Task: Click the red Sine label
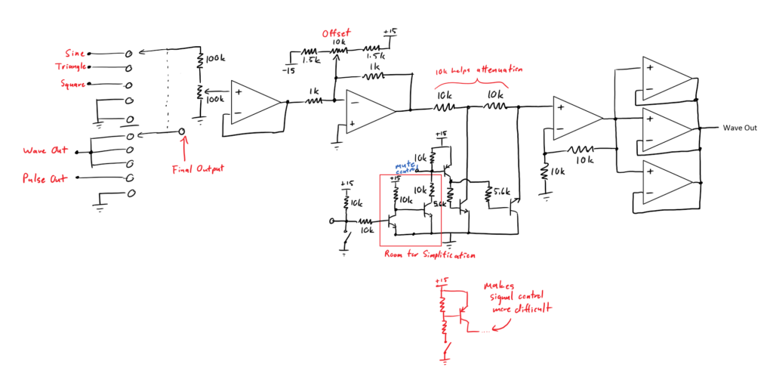[x=75, y=53]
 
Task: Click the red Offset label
[x=336, y=34]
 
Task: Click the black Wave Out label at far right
[x=739, y=128]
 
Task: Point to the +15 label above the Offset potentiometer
[x=389, y=32]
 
